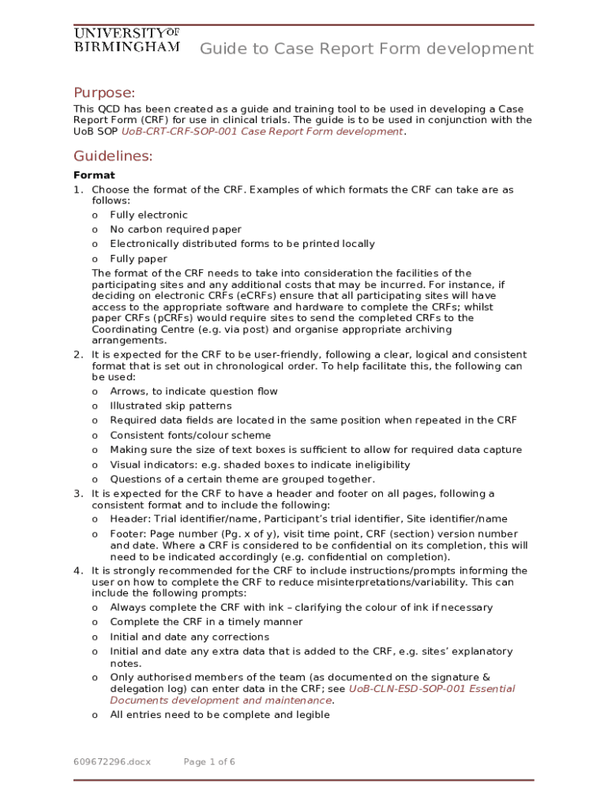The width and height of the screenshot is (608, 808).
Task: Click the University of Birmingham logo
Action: [x=127, y=39]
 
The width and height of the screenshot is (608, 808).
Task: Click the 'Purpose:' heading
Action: [x=104, y=92]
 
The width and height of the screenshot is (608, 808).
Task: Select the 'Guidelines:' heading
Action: [x=113, y=156]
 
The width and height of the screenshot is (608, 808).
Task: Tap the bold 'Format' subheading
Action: [x=94, y=175]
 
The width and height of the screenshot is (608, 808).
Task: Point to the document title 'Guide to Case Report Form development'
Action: [x=366, y=49]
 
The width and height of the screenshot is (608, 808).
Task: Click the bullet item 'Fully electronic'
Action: [x=148, y=215]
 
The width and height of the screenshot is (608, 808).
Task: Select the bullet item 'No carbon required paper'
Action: [x=175, y=230]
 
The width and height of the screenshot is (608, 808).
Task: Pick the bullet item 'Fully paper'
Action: [x=138, y=259]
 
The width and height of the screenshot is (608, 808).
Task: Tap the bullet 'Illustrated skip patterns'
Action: [x=171, y=406]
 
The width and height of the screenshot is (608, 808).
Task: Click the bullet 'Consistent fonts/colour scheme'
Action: [x=190, y=435]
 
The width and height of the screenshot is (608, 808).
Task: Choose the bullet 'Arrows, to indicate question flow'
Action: [x=193, y=391]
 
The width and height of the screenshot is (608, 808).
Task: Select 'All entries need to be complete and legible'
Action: [x=220, y=715]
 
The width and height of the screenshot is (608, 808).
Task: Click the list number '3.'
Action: [x=78, y=494]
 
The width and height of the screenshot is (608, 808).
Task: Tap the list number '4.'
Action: [x=78, y=570]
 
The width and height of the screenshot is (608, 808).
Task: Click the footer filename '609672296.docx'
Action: [x=112, y=762]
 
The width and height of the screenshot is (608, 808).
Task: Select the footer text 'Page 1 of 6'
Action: [x=209, y=762]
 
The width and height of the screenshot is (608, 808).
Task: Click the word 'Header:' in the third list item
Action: [x=129, y=519]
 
